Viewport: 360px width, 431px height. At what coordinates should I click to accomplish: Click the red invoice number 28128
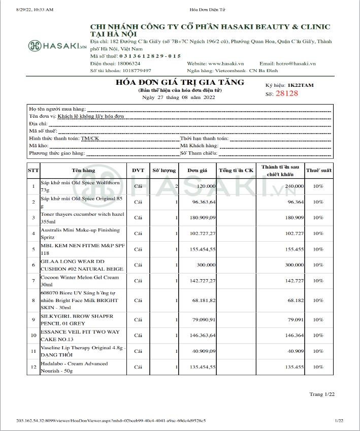[x=286, y=93]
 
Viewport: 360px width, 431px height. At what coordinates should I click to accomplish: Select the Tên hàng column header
[x=83, y=171]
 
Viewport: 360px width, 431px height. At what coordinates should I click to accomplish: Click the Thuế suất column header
[x=318, y=171]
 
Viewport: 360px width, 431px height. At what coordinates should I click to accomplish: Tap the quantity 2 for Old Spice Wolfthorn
[x=176, y=186]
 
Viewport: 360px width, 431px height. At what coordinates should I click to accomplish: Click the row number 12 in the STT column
[x=33, y=367]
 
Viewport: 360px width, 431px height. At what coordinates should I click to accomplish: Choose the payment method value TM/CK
[x=90, y=138]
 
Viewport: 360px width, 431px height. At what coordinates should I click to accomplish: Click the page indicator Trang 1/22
[x=322, y=394]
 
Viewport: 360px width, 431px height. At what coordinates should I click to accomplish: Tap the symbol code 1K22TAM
[x=304, y=86]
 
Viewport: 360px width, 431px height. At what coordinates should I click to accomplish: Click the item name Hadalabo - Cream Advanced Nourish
[x=74, y=367]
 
